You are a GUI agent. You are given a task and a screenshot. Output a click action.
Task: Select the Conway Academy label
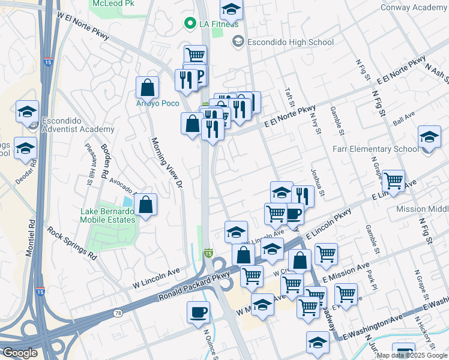coord(414,7)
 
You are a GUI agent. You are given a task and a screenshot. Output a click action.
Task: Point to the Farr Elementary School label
coord(381,149)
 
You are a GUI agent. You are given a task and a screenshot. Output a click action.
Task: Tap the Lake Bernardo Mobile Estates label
coord(109,215)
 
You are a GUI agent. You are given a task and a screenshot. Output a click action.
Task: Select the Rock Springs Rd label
coord(72,243)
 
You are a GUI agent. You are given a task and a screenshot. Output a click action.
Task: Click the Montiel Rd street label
coord(30,234)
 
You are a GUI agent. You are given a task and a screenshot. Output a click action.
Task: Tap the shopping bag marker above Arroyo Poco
coord(147,88)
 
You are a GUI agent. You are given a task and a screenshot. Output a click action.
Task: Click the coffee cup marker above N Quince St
coord(198,312)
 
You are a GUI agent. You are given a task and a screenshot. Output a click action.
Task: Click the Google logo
coord(20,353)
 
